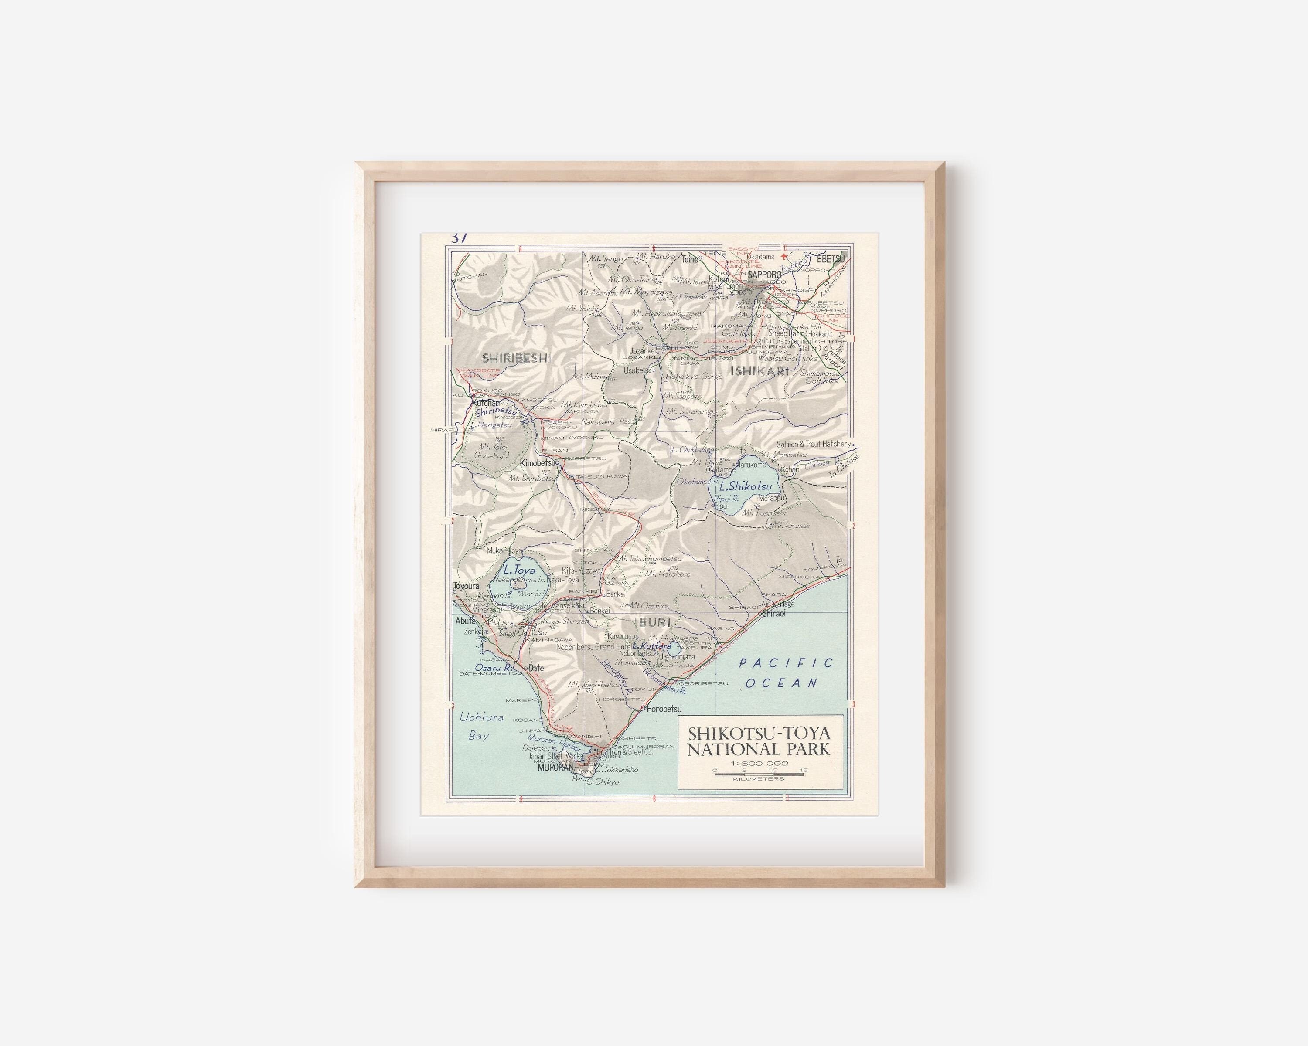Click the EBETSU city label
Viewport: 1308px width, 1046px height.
tap(830, 259)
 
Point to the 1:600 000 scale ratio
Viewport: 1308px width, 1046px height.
tap(760, 763)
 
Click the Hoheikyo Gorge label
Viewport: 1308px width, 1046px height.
tap(695, 376)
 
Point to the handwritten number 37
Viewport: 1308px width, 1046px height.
tap(459, 238)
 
